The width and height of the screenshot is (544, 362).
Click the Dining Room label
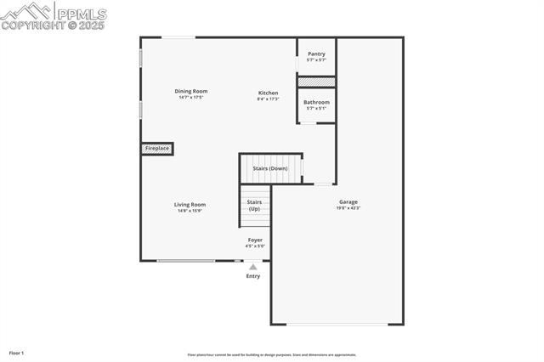point(191,91)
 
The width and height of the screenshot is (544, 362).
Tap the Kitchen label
point(268,93)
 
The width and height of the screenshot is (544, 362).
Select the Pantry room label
point(316,54)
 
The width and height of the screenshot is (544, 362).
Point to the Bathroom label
point(316,102)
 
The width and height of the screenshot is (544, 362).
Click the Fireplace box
point(157,149)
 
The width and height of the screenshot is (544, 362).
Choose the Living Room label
point(190,204)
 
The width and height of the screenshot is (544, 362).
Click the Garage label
point(348,201)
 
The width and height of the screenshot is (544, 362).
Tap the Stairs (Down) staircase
point(270,168)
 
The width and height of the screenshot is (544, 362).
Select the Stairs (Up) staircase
point(254,206)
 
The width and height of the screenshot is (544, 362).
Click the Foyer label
point(255,240)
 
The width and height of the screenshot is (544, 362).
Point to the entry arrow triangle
point(252,267)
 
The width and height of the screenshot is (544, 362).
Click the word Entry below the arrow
point(253,276)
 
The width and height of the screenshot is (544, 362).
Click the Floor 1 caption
point(16,353)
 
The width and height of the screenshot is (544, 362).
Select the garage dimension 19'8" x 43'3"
point(348,208)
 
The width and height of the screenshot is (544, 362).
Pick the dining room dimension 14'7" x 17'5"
point(191,98)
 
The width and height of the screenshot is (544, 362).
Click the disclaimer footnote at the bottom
point(271,355)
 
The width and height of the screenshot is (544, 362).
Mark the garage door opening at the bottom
point(337,324)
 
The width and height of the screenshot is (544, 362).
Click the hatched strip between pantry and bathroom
point(316,82)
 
